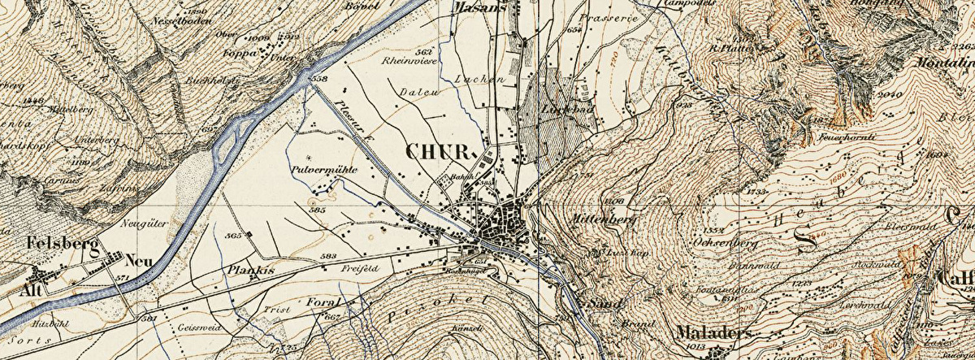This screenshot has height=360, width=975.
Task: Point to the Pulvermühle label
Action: pos(320,171)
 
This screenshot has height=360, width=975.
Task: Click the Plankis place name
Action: pos(249,270)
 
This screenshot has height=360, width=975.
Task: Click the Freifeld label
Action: pos(361,268)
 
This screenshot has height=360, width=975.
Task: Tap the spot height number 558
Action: pos(318,79)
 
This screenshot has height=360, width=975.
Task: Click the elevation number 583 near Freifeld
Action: pos(329,256)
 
